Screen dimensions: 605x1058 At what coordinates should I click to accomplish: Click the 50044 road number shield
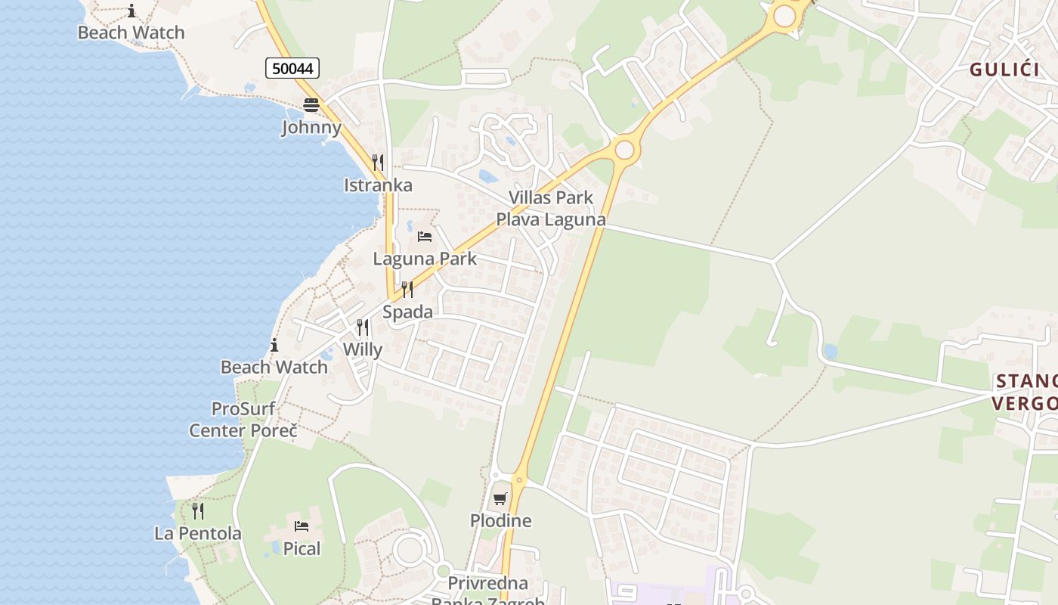tap(292, 68)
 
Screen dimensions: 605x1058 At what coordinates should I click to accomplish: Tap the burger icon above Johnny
tap(311, 104)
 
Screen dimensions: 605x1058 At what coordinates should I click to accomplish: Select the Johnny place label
tap(311, 126)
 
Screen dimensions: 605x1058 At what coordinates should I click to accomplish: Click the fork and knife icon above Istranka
tap(377, 163)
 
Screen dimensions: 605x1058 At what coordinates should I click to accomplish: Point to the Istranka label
tap(378, 185)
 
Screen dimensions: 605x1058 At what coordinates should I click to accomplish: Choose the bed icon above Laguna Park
tap(425, 237)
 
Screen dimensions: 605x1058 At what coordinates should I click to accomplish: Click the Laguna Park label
tap(425, 259)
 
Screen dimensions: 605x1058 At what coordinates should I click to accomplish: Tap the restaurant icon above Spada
tap(407, 290)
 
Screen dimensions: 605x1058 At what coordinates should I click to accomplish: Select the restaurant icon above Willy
tap(363, 327)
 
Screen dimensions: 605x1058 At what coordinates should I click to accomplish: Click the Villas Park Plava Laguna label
tap(550, 209)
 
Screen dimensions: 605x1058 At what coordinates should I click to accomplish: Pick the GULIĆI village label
tap(1004, 70)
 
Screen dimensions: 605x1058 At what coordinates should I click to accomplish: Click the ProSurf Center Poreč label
tap(243, 420)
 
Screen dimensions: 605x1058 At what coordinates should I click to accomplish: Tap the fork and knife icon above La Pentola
tap(198, 511)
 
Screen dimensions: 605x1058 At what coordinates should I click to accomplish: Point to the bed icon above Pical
tap(302, 526)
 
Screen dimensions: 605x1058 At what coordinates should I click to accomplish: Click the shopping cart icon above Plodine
tap(500, 498)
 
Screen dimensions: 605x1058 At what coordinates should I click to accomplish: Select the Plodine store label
tap(500, 521)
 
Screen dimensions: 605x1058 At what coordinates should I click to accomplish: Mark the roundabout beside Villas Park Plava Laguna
tap(624, 150)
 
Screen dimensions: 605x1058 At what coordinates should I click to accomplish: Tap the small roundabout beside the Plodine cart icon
tap(519, 479)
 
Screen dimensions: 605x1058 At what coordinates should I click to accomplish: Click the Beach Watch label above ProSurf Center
tap(274, 368)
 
